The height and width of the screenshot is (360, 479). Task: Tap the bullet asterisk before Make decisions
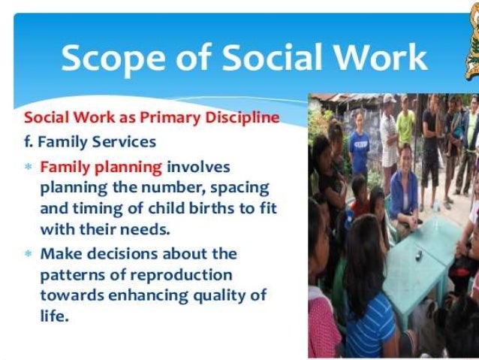tap(29, 254)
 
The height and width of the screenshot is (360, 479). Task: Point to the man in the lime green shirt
tap(405, 120)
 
